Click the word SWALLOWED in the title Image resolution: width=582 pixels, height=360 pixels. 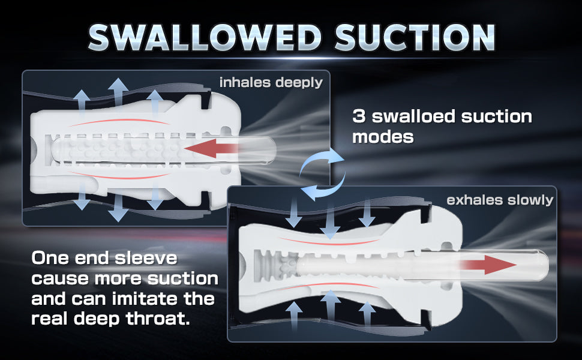(205, 37)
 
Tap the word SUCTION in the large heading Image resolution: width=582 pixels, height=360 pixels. (415, 37)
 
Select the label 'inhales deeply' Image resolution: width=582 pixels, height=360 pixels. (271, 82)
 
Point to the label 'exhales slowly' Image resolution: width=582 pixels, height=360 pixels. (500, 200)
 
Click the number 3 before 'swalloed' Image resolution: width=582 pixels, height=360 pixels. (359, 116)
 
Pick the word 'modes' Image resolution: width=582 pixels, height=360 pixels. (383, 137)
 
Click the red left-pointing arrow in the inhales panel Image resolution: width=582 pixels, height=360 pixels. (212, 148)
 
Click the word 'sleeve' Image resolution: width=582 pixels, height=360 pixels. (146, 258)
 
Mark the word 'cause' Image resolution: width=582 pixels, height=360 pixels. (60, 279)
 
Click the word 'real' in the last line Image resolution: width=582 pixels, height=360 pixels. (49, 319)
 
